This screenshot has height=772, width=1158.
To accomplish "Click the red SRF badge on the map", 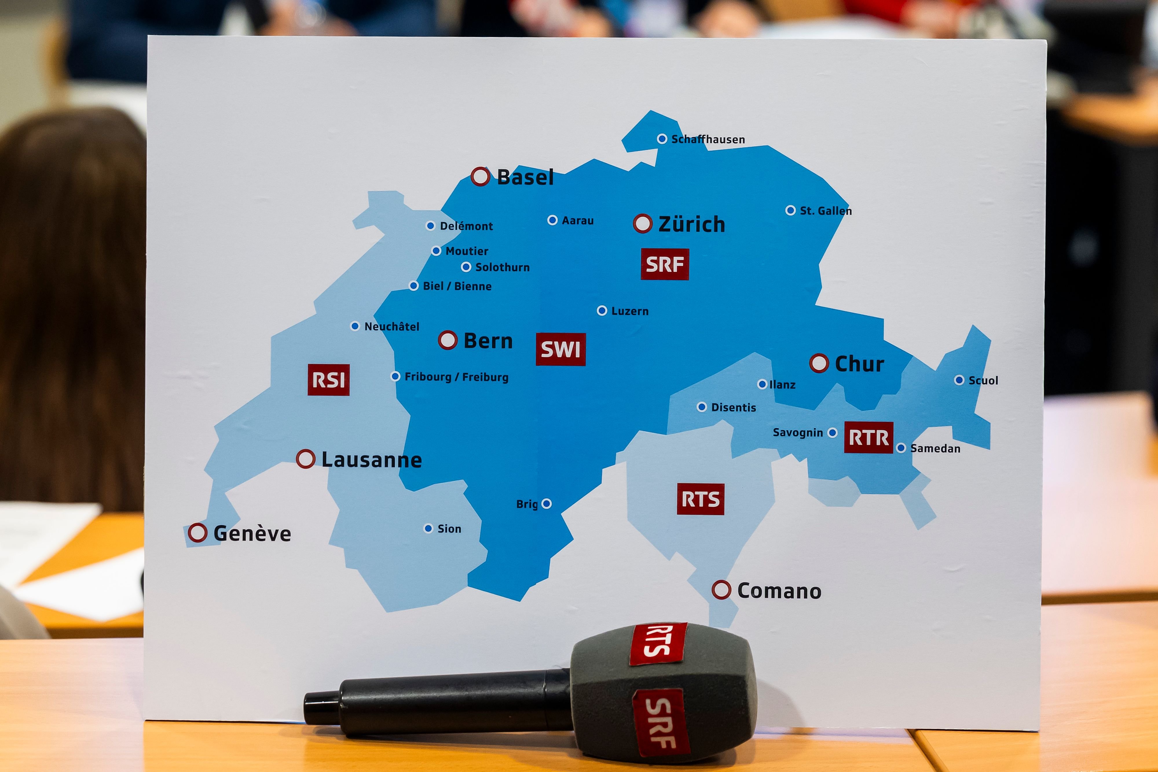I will point(664,264).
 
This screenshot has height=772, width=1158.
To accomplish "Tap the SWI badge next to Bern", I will point(560,350).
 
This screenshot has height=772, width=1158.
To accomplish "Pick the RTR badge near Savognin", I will point(868,437).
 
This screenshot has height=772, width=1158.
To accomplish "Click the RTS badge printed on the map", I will point(700,499).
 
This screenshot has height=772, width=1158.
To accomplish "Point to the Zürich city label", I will point(691,224).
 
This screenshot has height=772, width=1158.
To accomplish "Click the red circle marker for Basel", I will point(480,176).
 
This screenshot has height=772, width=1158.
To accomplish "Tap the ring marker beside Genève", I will point(197,533).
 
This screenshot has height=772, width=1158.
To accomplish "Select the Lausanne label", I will point(371,460).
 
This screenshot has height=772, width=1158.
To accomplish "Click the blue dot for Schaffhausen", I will point(662,139).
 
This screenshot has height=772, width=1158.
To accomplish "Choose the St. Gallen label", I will point(825,211).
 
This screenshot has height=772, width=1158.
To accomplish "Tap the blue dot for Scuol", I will point(959,380).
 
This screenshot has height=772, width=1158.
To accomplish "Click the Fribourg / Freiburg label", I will point(456,377).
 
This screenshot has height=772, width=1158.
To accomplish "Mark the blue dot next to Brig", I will point(546,504).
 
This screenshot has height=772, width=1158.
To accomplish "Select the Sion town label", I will point(449,529).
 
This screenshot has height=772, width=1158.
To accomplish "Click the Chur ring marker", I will point(819,363).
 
